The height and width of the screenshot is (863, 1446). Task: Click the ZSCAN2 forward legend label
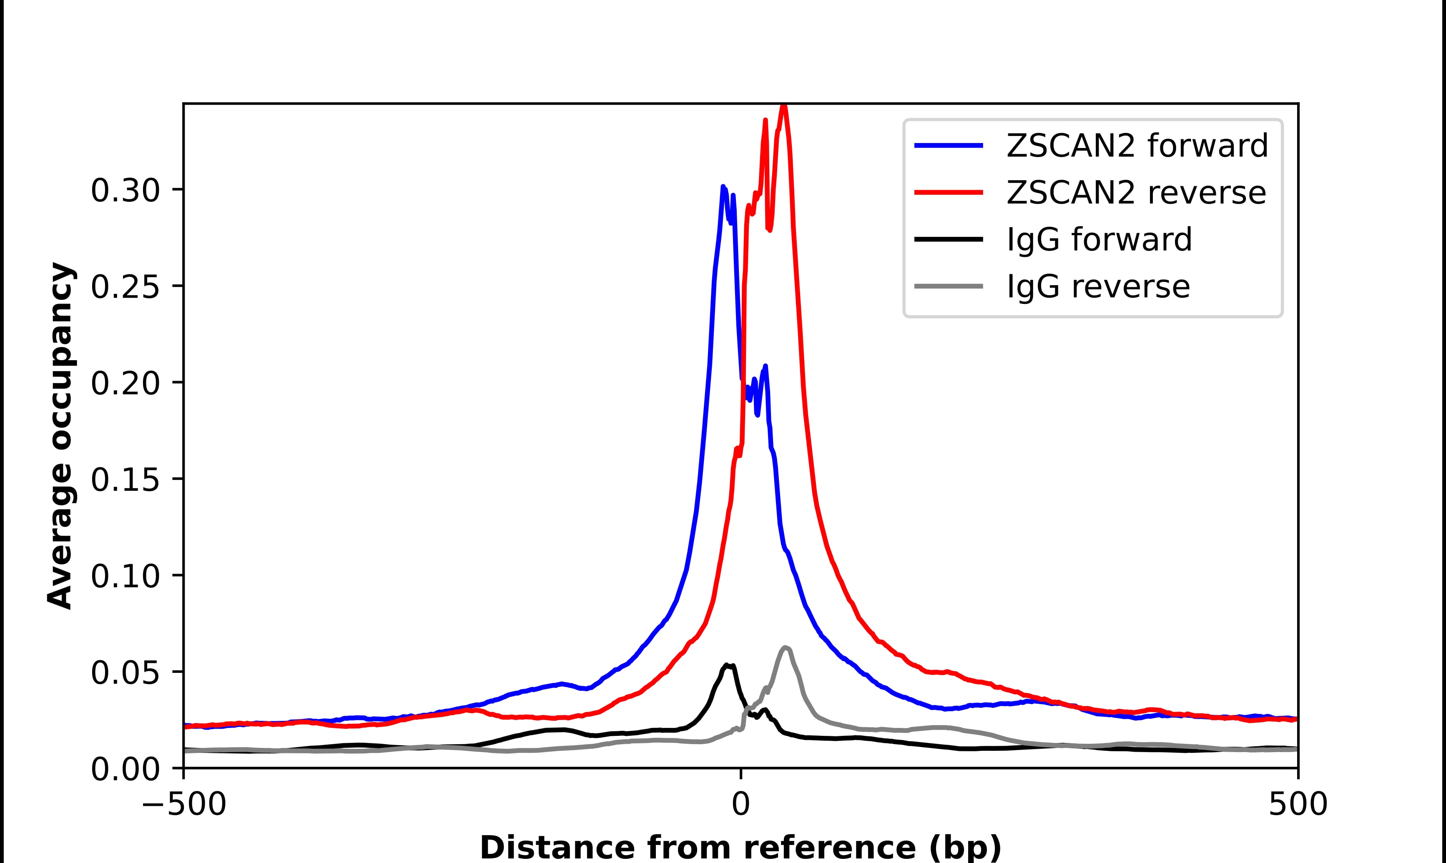(1137, 146)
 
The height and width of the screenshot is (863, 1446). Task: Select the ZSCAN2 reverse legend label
(1135, 193)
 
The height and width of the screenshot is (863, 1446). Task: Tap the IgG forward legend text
(1099, 240)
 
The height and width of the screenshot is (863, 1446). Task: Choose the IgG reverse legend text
(1098, 287)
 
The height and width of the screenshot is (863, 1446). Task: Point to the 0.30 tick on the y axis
(125, 191)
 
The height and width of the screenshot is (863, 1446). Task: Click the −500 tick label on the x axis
(184, 805)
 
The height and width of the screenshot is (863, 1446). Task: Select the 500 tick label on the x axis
(1298, 805)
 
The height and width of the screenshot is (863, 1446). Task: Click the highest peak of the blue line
(723, 187)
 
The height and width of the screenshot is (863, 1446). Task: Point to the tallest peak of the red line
(783, 106)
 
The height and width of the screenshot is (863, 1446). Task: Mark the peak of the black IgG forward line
(727, 664)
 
